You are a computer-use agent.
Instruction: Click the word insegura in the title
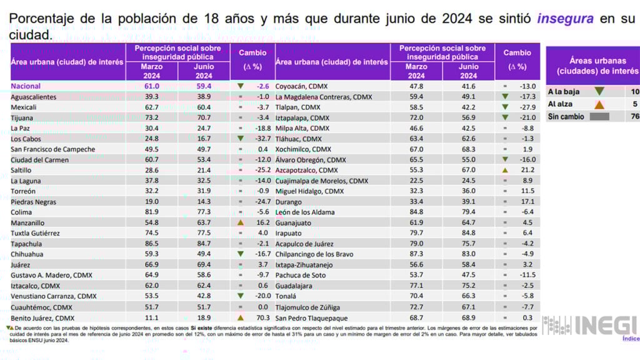pos(565,19)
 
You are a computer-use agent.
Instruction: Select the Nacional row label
pos(26,86)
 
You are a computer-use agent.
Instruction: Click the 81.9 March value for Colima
pos(152,212)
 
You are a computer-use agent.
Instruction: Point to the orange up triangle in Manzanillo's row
pos(240,222)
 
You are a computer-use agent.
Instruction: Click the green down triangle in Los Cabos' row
pos(240,139)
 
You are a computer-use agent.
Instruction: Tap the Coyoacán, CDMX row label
pos(301,86)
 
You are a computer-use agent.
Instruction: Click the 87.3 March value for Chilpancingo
pos(416,254)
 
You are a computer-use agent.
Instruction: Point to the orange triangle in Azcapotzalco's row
pos(504,170)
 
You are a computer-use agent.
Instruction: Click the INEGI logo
pos(590,325)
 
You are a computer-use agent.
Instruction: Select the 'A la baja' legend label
pos(564,92)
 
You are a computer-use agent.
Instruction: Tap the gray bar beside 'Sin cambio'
pos(599,117)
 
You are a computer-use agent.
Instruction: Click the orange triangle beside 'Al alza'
pos(599,104)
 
